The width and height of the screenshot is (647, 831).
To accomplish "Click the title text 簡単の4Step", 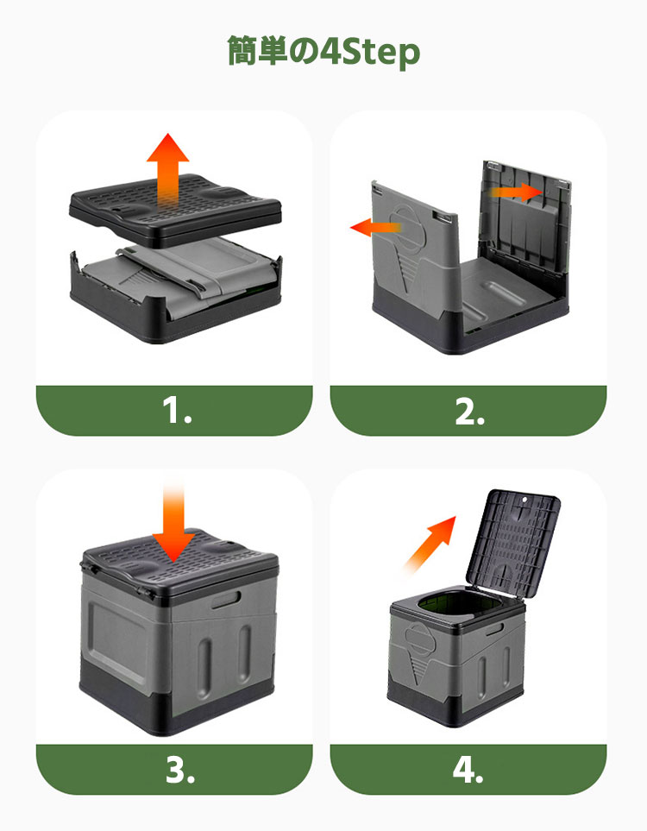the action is click(323, 52).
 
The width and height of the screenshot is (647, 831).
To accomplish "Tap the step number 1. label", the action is click(177, 411).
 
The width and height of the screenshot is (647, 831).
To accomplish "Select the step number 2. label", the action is click(469, 412).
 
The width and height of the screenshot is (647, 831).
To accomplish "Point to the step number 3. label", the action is click(180, 770).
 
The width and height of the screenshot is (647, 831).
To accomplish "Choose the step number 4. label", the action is click(468, 770).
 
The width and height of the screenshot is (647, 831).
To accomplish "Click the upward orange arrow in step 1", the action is click(168, 170).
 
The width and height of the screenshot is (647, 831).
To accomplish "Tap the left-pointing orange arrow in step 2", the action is click(375, 227).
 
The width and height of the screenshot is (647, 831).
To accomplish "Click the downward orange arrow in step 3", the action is click(173, 525).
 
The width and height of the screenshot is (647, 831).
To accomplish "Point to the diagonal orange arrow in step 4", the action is click(430, 544).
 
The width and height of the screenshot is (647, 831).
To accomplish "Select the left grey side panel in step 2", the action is click(412, 249).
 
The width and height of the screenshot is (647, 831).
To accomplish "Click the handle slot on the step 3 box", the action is click(226, 600).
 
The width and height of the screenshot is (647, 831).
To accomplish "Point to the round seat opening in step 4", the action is click(456, 606).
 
